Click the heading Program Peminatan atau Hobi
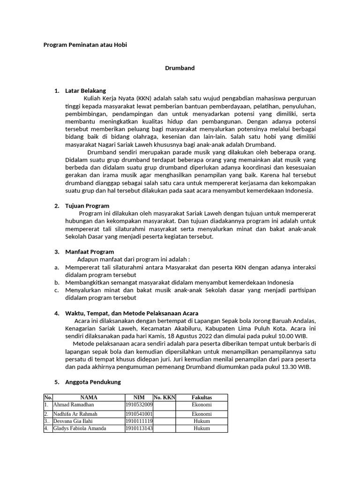pyautogui.click(x=85, y=45)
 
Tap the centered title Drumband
pyautogui.click(x=180, y=68)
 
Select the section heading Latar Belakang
pyautogui.click(x=85, y=90)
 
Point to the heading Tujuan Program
pyautogui.click(x=87, y=206)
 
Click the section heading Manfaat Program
pyautogui.click(x=89, y=252)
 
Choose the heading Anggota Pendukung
pyautogui.click(x=93, y=382)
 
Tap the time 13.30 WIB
pyautogui.click(x=297, y=367)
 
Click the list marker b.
pyautogui.click(x=56, y=283)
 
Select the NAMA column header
pyautogui.click(x=89, y=397)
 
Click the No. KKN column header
pyautogui.click(x=164, y=397)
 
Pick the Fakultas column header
pyautogui.click(x=202, y=397)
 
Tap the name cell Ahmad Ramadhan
pyautogui.click(x=74, y=405)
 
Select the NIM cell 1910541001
pyautogui.click(x=139, y=414)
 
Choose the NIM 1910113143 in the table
pyautogui.click(x=139, y=428)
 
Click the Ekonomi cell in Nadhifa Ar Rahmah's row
pyautogui.click(x=202, y=414)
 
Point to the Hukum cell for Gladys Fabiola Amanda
pyautogui.click(x=202, y=428)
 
